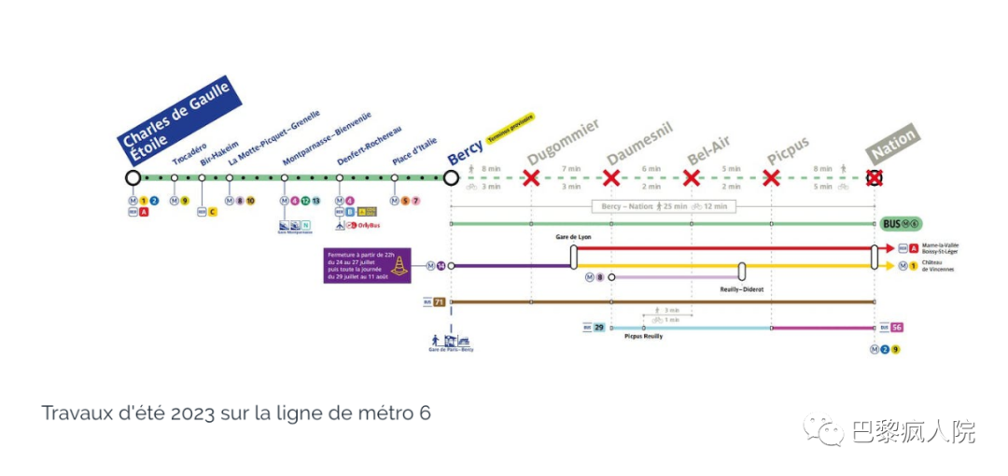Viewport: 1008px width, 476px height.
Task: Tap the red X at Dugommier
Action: click(532, 177)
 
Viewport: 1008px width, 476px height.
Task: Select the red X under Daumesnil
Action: click(611, 177)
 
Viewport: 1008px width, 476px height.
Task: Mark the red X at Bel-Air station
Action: click(692, 177)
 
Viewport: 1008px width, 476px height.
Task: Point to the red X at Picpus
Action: click(771, 177)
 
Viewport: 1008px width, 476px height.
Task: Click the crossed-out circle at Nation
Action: click(875, 177)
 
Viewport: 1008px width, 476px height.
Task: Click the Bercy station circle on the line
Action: click(452, 177)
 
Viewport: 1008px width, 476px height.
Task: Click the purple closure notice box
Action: click(358, 264)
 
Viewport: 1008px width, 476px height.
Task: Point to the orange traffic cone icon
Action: click(399, 266)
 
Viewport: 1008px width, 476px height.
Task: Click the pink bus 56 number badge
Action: click(896, 328)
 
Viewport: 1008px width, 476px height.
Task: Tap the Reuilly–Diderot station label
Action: click(742, 289)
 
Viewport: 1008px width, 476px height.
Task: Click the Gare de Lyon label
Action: click(574, 238)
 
